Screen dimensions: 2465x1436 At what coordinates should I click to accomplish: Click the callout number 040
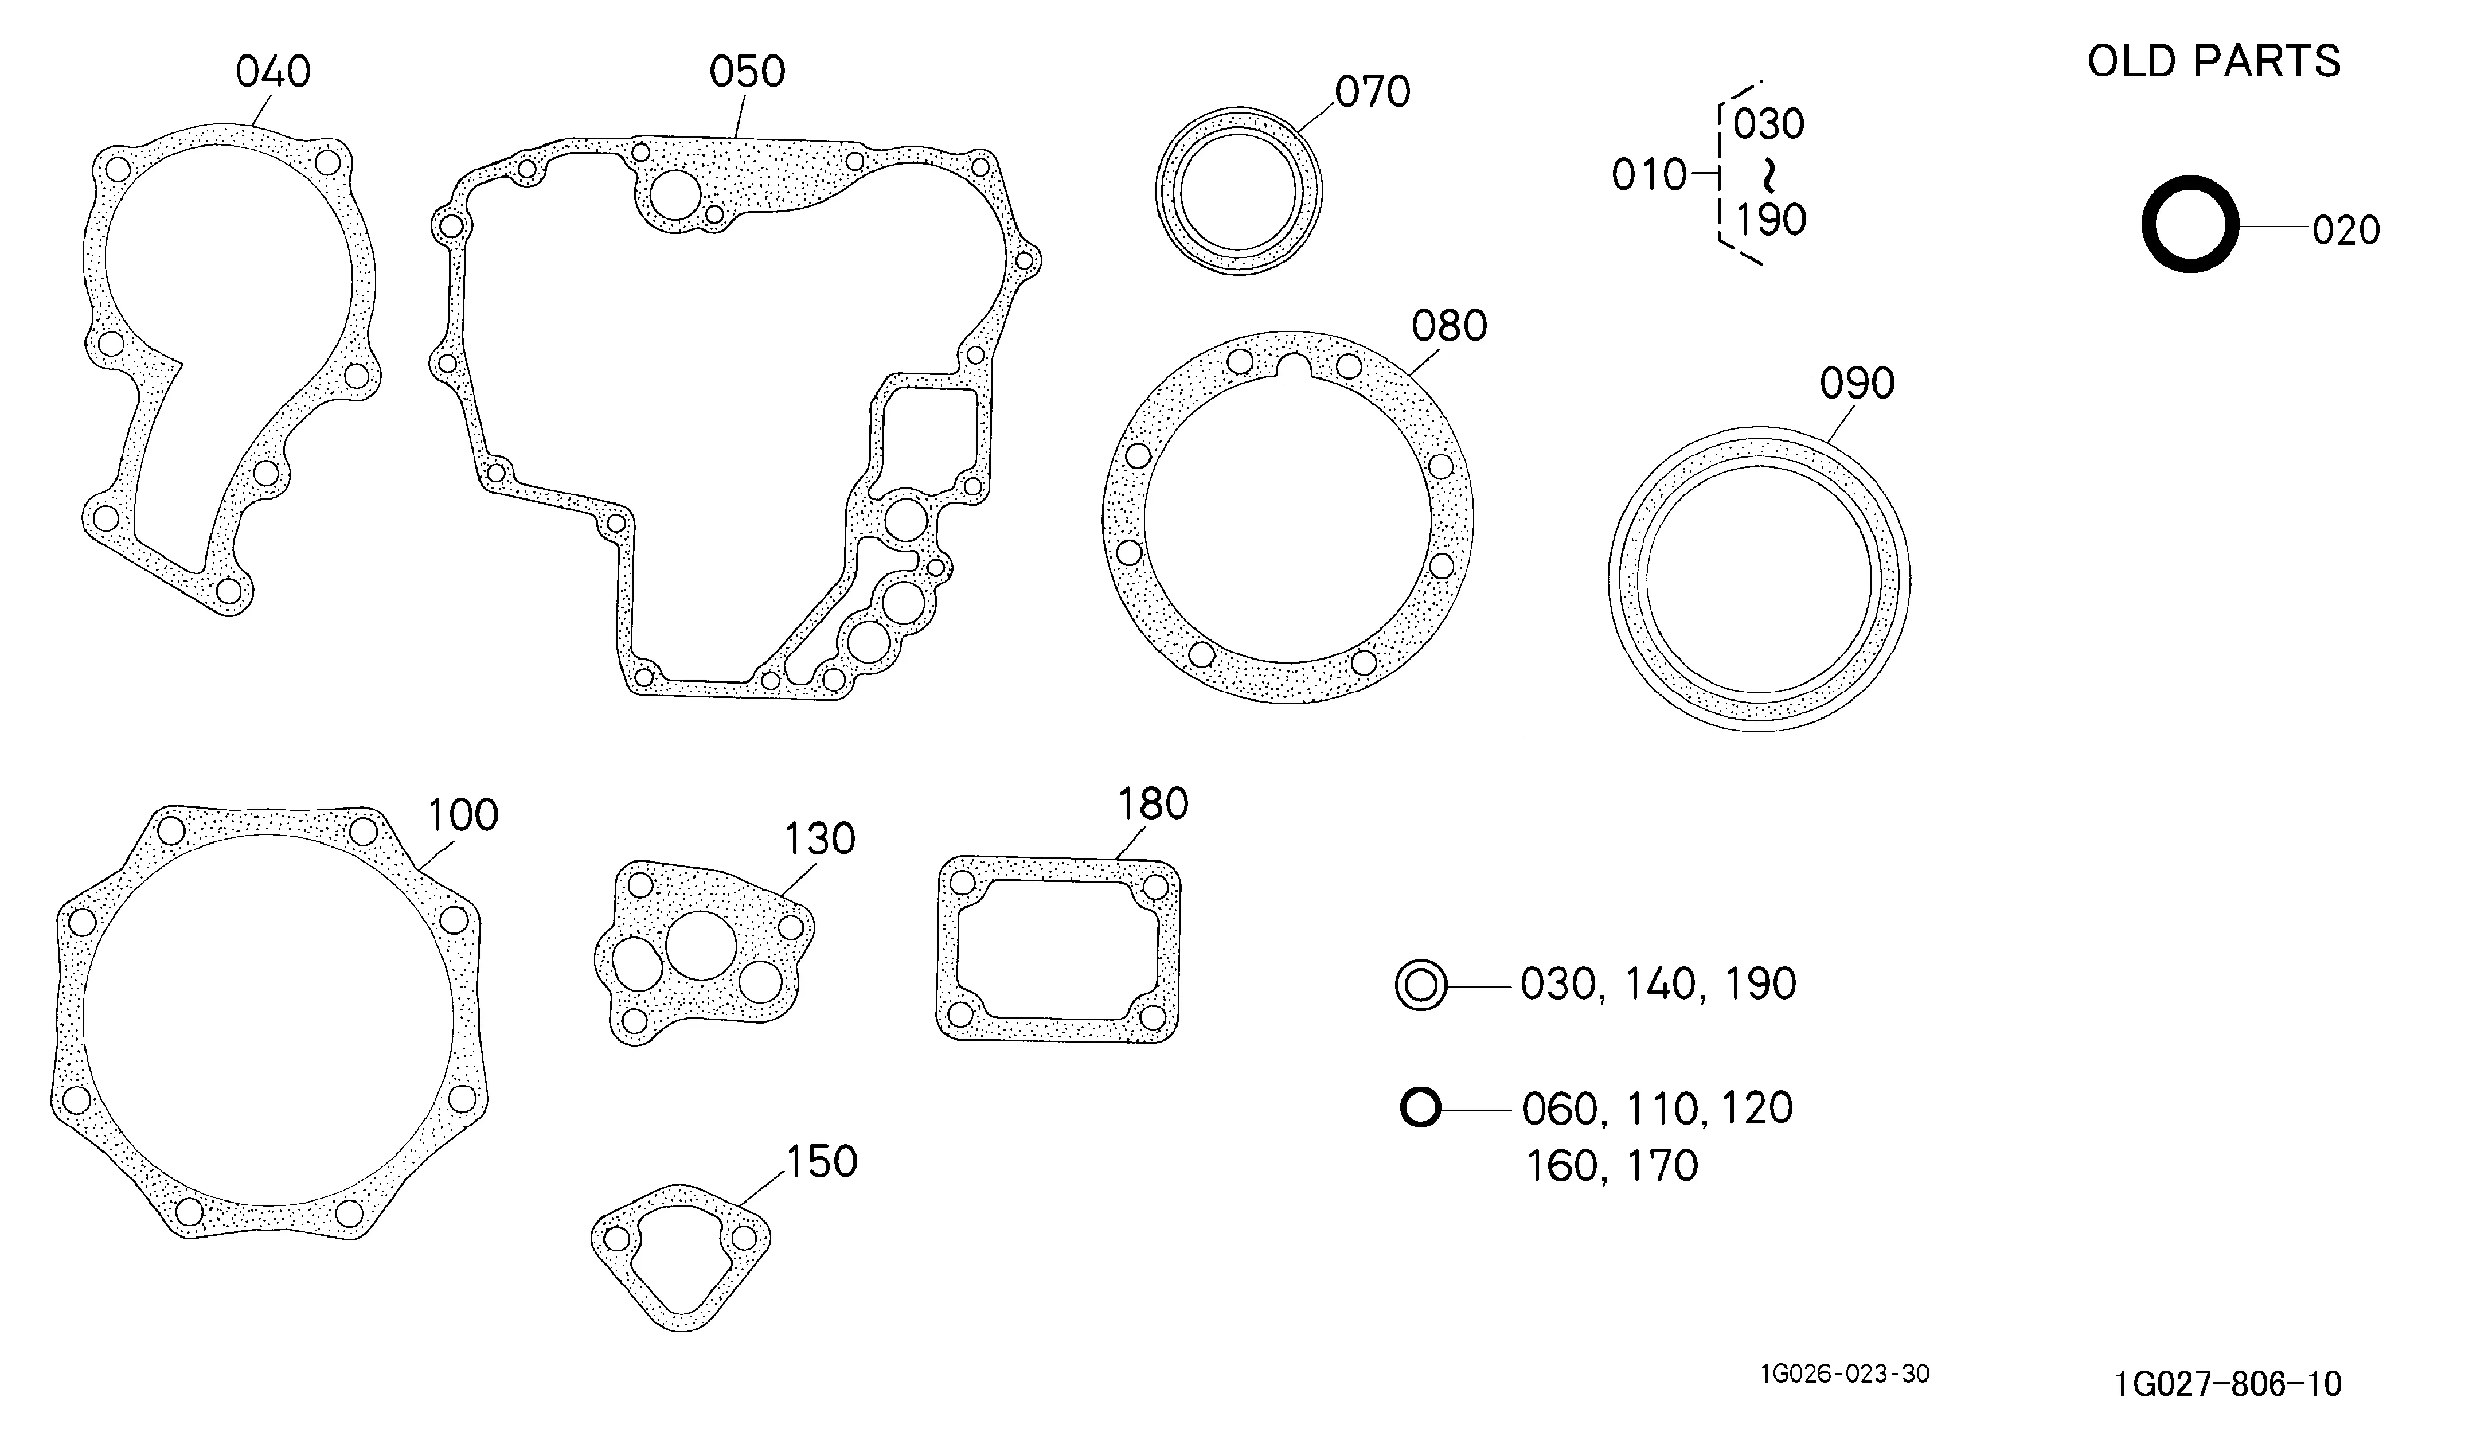pos(273,72)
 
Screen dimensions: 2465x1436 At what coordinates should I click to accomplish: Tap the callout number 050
pos(747,72)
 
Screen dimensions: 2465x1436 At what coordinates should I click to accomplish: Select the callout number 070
pos(1372,92)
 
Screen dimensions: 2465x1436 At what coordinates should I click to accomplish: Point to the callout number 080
pos(1449,326)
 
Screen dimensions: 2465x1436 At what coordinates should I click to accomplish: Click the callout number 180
pos(1153,804)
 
